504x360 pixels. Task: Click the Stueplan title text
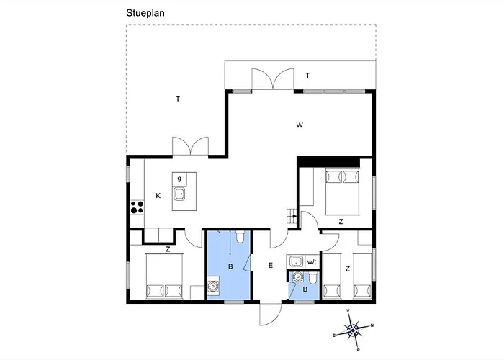point(145,13)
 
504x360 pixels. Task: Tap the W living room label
point(300,125)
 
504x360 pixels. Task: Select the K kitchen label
point(158,195)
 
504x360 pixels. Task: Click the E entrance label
point(270,265)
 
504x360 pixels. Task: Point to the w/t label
point(312,262)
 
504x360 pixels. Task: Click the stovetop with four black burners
point(138,207)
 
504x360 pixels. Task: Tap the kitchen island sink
point(179,194)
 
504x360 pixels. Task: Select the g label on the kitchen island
point(179,179)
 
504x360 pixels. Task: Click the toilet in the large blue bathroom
point(240,237)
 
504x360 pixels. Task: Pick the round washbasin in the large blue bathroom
point(212,285)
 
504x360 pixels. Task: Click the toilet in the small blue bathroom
point(313,278)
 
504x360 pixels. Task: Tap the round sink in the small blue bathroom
point(298,276)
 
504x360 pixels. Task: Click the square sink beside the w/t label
point(295,261)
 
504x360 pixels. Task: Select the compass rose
point(354,330)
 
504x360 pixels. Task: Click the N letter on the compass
point(372,325)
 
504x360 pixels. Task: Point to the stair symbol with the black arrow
point(292,216)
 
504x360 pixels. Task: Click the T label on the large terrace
point(178,99)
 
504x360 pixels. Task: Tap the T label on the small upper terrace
point(307,76)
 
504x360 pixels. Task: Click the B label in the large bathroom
point(230,266)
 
